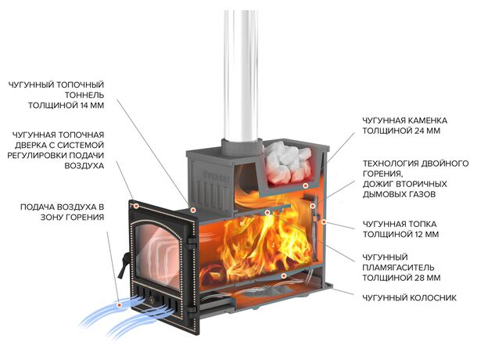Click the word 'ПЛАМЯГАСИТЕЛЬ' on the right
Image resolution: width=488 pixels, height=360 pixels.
coord(397,266)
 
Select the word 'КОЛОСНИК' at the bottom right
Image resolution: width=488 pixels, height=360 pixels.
coord(432,298)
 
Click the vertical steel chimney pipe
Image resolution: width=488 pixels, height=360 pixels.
coord(241,70)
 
